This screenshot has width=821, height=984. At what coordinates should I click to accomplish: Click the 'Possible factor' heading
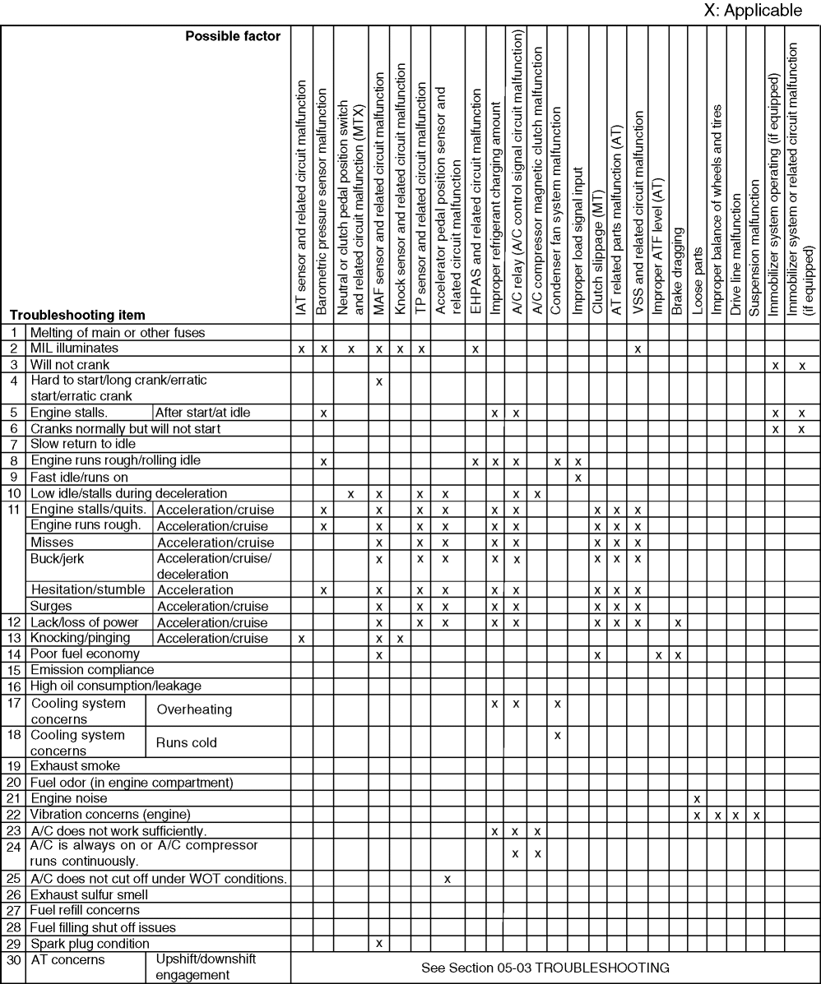pos(232,36)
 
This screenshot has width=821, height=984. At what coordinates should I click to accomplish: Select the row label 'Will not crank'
pos(70,363)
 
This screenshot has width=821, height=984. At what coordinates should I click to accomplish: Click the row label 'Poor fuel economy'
pos(85,654)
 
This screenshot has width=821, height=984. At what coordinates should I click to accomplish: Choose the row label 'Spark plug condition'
pos(90,943)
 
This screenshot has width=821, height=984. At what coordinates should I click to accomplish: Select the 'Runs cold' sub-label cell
pos(187,742)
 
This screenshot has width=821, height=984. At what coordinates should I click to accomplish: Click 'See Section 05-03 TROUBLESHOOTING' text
pos(545,968)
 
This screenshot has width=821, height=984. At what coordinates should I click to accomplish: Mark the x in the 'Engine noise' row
pos(697,798)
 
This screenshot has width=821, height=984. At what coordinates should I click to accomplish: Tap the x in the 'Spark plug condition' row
pos(379,943)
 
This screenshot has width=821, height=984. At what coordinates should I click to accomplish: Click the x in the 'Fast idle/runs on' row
pos(577,477)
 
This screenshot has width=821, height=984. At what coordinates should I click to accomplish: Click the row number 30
pos(14,959)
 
